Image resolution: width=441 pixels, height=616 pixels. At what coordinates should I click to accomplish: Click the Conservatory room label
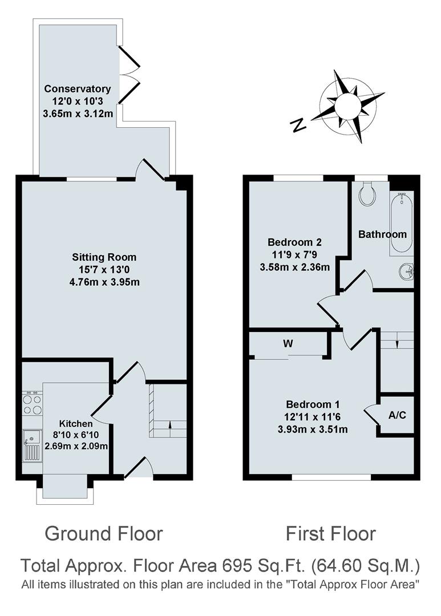coord(78,89)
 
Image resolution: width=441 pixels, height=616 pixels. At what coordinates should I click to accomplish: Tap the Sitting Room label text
coord(104,257)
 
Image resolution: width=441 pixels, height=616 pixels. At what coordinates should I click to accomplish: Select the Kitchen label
coord(76,424)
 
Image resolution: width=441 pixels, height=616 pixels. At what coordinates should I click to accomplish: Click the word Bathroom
coord(382,234)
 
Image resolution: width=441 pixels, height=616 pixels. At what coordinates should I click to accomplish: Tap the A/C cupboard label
coord(397,415)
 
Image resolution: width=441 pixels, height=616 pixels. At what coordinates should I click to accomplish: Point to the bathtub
coord(401,222)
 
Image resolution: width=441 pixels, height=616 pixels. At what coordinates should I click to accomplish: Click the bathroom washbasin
coord(407,271)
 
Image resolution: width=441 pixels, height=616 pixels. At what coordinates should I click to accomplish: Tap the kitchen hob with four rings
coord(32,404)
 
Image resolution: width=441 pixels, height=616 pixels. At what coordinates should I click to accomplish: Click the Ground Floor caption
coord(104,534)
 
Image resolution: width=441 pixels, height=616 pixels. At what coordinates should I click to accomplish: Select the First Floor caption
coord(331,534)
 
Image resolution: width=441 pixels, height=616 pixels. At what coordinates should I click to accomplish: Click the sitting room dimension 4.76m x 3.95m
coord(104,281)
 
